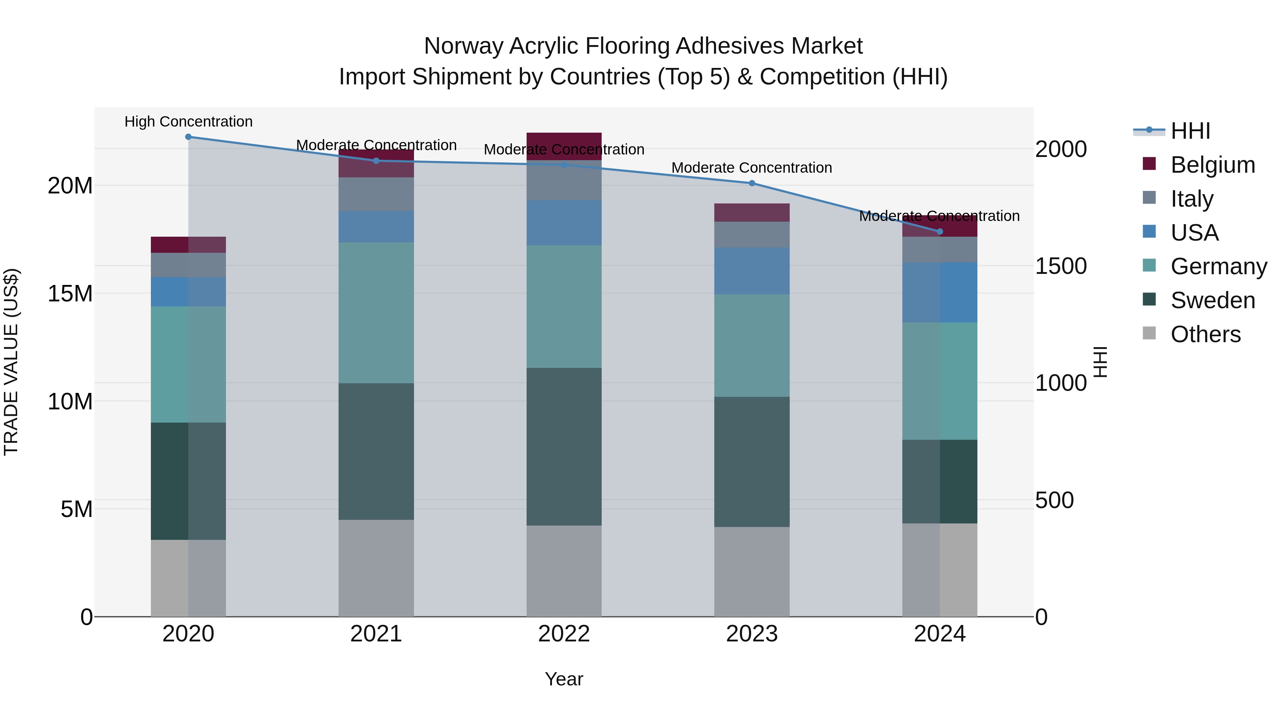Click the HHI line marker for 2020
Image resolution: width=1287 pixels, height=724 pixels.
pos(188,137)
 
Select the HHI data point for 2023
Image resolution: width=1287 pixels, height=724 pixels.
pos(751,183)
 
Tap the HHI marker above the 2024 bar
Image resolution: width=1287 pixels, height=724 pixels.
pos(939,232)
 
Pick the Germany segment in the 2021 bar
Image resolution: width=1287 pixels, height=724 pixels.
pos(376,313)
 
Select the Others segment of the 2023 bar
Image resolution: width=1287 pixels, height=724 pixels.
pos(751,572)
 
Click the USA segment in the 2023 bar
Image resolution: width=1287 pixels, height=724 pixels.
pos(751,271)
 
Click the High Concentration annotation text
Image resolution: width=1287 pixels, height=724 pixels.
pos(188,122)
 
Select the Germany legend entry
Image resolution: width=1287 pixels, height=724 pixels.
pos(1218,266)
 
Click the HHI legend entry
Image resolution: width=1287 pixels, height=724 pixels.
pos(1190,131)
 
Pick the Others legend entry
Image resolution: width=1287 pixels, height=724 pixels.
pos(1205,334)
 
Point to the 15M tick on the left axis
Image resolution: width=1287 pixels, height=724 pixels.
pos(70,293)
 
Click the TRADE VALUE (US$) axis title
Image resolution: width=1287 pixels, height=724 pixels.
pos(11,362)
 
